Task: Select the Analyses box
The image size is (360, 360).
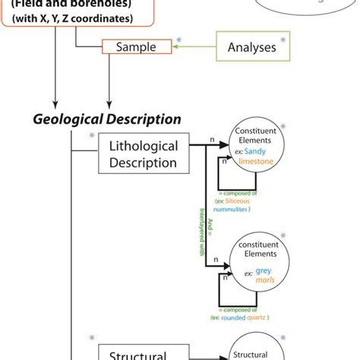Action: pyautogui.click(x=252, y=47)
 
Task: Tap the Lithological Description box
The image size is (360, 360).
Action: pyautogui.click(x=144, y=154)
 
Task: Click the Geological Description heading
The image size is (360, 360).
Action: pyautogui.click(x=106, y=119)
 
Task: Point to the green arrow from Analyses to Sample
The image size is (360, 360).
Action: pyautogui.click(x=195, y=47)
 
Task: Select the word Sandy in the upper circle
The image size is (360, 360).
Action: pyautogui.click(x=264, y=152)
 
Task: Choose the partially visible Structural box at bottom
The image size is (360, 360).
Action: pyautogui.click(x=137, y=353)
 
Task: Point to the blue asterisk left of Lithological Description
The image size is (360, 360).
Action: pyautogui.click(x=92, y=136)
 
